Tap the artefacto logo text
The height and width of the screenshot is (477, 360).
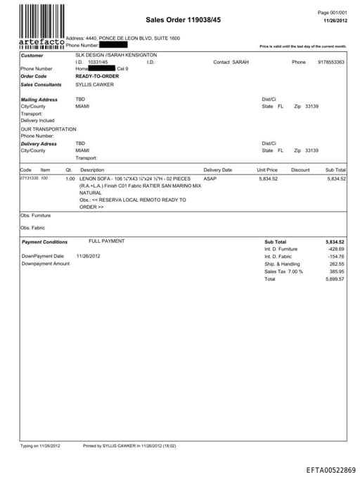(41, 43)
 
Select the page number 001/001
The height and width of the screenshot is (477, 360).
(333, 13)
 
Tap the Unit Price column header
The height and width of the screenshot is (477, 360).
(267, 170)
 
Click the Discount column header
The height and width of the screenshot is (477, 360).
(300, 170)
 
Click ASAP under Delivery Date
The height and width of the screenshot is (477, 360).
(210, 179)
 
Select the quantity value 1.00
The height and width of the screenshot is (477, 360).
(70, 179)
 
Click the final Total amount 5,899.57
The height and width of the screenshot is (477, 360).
(335, 279)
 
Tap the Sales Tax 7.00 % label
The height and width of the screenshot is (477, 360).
(283, 272)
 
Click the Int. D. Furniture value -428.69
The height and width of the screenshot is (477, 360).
(336, 249)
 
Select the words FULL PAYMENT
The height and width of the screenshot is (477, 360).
(107, 241)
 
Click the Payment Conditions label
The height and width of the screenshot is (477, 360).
(44, 241)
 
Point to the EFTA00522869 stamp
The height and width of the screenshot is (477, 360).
(330, 469)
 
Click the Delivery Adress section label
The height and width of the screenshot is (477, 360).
(39, 144)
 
